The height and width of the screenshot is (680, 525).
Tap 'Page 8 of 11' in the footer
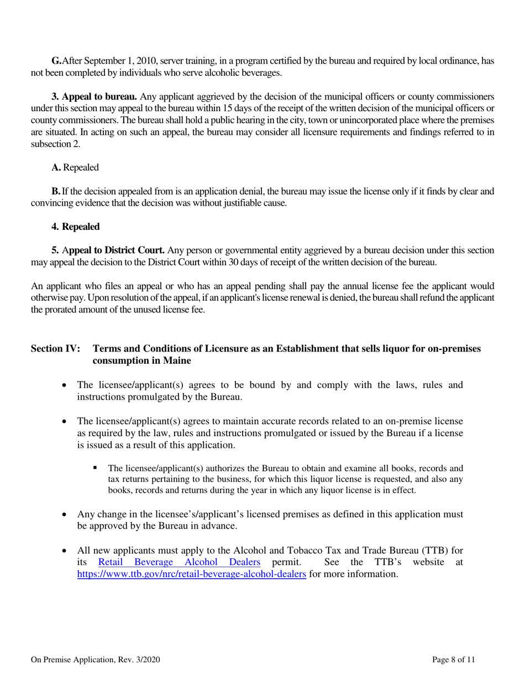click(x=453, y=659)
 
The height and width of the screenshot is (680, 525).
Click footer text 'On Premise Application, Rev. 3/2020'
click(x=96, y=659)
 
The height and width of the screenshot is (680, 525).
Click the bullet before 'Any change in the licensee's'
click(x=66, y=514)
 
